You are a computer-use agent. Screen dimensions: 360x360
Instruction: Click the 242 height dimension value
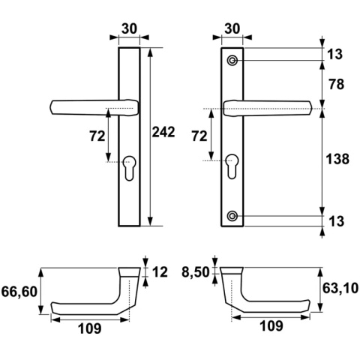163,133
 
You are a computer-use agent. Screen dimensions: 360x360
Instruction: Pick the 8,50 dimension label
196,274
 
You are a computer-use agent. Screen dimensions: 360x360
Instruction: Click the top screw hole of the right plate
233,59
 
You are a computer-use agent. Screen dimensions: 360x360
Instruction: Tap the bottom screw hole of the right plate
233,216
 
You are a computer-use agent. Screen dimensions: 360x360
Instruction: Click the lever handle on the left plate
90,106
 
